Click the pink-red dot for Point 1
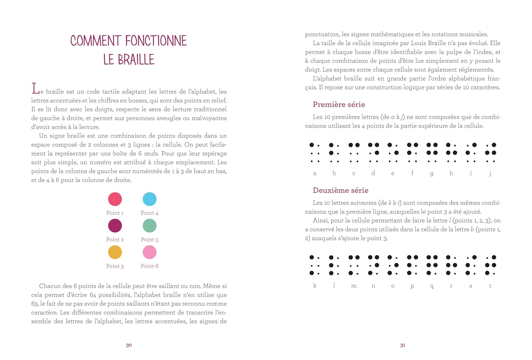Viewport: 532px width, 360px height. [115, 199]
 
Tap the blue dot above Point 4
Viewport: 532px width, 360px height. [150, 199]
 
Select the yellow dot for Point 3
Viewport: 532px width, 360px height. [115, 252]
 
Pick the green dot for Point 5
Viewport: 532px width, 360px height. [150, 226]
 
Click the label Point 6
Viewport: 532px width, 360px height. [150, 266]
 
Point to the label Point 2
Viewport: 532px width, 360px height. [115, 239]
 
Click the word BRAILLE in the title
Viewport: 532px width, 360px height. [136, 60]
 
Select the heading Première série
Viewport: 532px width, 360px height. [339, 104]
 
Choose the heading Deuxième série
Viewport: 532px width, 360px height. [340, 190]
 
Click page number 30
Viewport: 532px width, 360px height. [129, 345]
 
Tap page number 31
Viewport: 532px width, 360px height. [403, 345]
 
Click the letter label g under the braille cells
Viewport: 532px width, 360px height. [432, 173]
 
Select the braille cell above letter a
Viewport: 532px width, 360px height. [315, 153]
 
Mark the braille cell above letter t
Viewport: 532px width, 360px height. [491, 265]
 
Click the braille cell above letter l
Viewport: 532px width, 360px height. [334, 265]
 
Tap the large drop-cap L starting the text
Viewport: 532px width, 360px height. [35, 89]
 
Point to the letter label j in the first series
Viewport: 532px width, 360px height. [490, 173]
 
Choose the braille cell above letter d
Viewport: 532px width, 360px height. [373, 153]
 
